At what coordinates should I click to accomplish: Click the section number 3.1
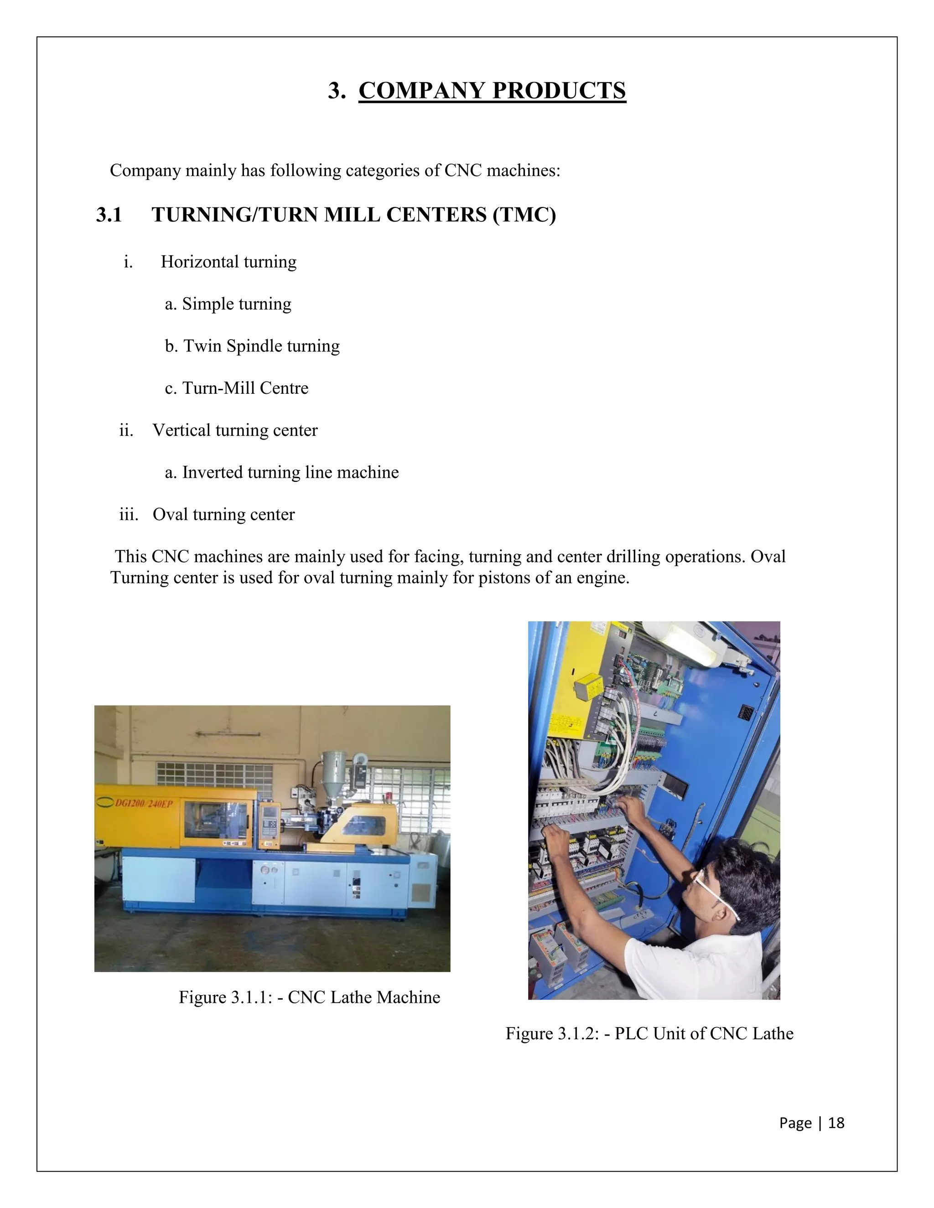point(109,215)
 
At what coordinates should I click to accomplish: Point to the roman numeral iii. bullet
point(128,514)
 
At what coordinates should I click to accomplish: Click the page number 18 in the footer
point(836,1123)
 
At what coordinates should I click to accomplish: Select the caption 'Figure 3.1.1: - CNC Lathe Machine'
point(309,997)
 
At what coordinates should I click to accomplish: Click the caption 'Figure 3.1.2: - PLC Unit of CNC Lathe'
point(649,1034)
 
